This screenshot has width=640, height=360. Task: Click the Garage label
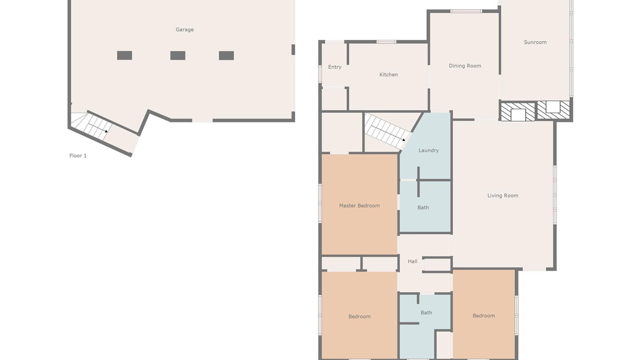point(185,30)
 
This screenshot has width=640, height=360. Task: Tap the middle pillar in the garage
point(178,55)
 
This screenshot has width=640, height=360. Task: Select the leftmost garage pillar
point(125,55)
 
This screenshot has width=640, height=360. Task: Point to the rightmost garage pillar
point(226,55)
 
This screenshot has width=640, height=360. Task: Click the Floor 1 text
point(78,156)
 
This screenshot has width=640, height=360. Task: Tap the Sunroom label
point(535,42)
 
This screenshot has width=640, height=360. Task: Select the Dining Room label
point(465,66)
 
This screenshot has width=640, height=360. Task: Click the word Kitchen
point(388,75)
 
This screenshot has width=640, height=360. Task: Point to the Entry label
point(335,67)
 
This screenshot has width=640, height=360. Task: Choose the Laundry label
point(429,150)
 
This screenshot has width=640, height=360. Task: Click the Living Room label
point(503,195)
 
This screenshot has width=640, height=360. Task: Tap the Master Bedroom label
point(359,206)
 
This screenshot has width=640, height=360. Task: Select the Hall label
point(413,262)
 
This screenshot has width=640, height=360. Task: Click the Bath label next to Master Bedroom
point(423,208)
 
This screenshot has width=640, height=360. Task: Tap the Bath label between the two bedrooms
point(426,313)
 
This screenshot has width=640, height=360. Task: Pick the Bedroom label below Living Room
point(484,315)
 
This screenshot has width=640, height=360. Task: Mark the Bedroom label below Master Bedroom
point(359,316)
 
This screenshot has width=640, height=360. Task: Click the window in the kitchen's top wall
point(386,42)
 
